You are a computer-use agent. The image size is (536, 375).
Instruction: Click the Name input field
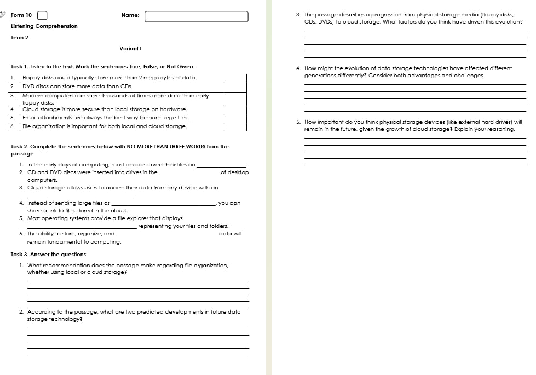click(x=196, y=16)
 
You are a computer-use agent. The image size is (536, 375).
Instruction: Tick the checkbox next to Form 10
click(x=42, y=15)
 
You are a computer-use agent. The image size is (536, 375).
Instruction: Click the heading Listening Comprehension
click(x=44, y=26)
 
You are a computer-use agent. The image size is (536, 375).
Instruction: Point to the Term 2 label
click(x=19, y=38)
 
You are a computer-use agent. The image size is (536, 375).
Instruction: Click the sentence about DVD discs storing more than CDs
click(x=77, y=86)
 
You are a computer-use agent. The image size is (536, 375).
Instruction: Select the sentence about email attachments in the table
click(x=105, y=118)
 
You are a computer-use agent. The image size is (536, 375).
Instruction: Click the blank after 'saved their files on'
click(x=222, y=165)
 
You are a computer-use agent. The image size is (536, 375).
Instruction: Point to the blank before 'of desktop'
click(x=189, y=172)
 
